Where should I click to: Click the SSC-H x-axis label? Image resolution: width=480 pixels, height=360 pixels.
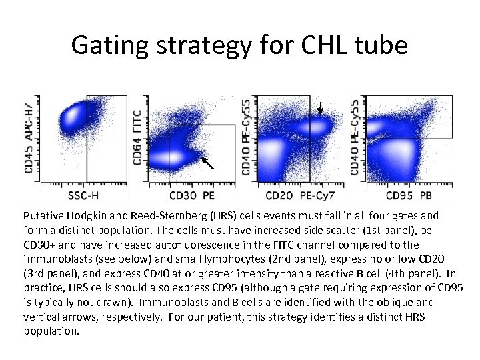click(84, 195)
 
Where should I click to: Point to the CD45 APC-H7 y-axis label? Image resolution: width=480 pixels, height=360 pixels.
click(30, 138)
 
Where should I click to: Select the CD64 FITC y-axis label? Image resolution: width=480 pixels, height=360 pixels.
click(138, 138)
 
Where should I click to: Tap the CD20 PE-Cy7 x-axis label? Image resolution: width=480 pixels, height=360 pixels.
click(298, 195)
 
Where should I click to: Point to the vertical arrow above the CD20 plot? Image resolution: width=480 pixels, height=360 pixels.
click(320, 108)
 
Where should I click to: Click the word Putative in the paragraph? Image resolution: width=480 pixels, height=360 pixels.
click(42, 216)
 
